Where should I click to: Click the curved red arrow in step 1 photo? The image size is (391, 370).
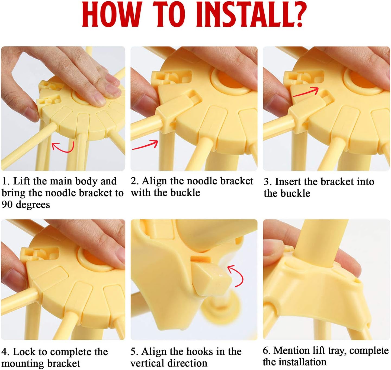pos(63,147)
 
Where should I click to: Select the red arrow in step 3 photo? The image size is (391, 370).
pos(306,92)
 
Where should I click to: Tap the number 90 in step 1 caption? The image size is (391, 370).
pos(8,205)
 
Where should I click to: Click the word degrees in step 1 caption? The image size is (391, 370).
pos(33,205)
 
